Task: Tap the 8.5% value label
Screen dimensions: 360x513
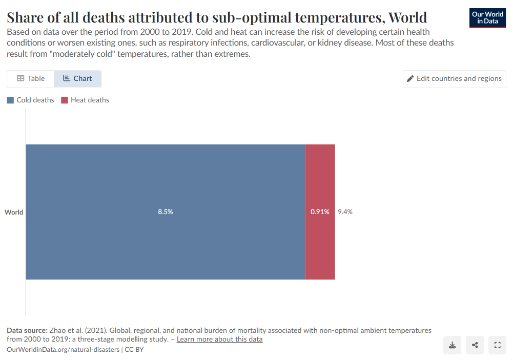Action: point(165,212)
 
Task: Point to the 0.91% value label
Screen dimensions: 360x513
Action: point(320,212)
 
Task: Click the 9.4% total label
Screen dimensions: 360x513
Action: point(345,212)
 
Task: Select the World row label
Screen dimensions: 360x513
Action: point(14,212)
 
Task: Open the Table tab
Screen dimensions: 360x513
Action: point(31,79)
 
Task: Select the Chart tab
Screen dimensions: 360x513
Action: point(77,79)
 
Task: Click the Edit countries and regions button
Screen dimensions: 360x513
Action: point(454,79)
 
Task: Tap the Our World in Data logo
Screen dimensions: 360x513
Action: point(487,18)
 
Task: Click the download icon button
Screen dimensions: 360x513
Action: point(453,345)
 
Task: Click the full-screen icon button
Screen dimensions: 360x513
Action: point(497,345)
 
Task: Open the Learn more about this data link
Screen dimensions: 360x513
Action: point(219,340)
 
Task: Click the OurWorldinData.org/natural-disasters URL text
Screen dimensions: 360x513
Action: point(63,349)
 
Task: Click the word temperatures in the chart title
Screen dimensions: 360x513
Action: point(338,18)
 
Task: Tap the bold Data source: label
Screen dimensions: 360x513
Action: point(27,330)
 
